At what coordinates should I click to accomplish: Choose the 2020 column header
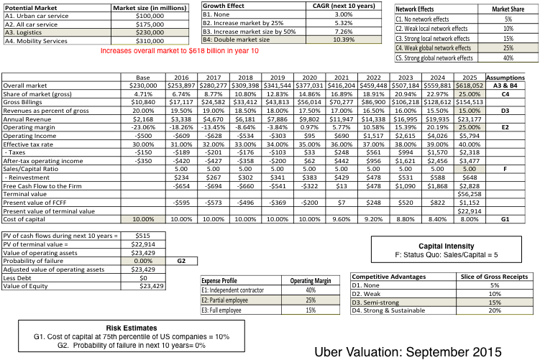(x=308, y=77)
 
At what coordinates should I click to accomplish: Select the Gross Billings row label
(x=24, y=102)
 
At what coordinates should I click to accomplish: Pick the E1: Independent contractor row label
(x=238, y=289)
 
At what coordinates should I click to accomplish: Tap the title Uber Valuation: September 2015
(x=408, y=332)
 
